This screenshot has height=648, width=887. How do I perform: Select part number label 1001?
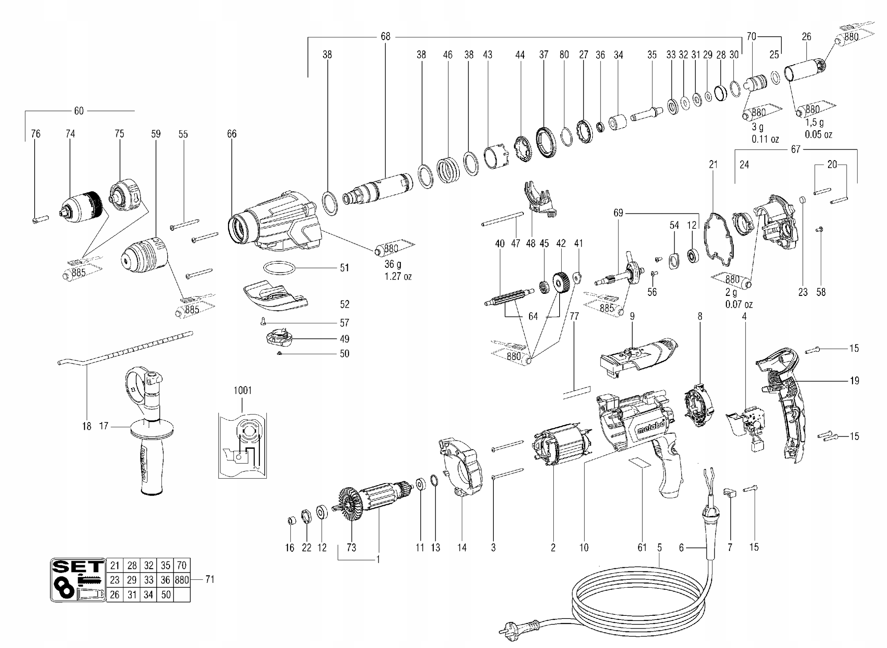[x=242, y=390]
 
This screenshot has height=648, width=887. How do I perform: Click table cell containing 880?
[x=182, y=580]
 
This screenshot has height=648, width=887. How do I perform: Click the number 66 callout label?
[x=232, y=134]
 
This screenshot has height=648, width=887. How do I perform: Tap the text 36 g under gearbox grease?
[x=393, y=264]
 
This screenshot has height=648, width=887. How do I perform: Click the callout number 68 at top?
[x=386, y=36]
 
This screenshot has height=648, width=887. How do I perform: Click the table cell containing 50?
[x=166, y=595]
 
